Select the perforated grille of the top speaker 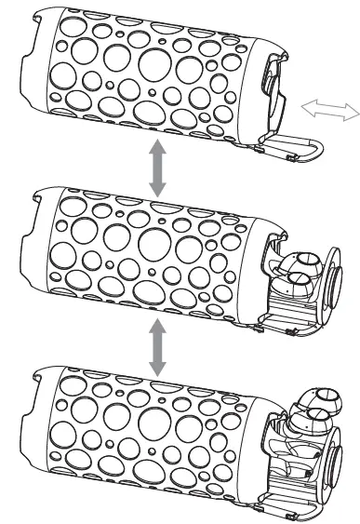coord(140,70)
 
